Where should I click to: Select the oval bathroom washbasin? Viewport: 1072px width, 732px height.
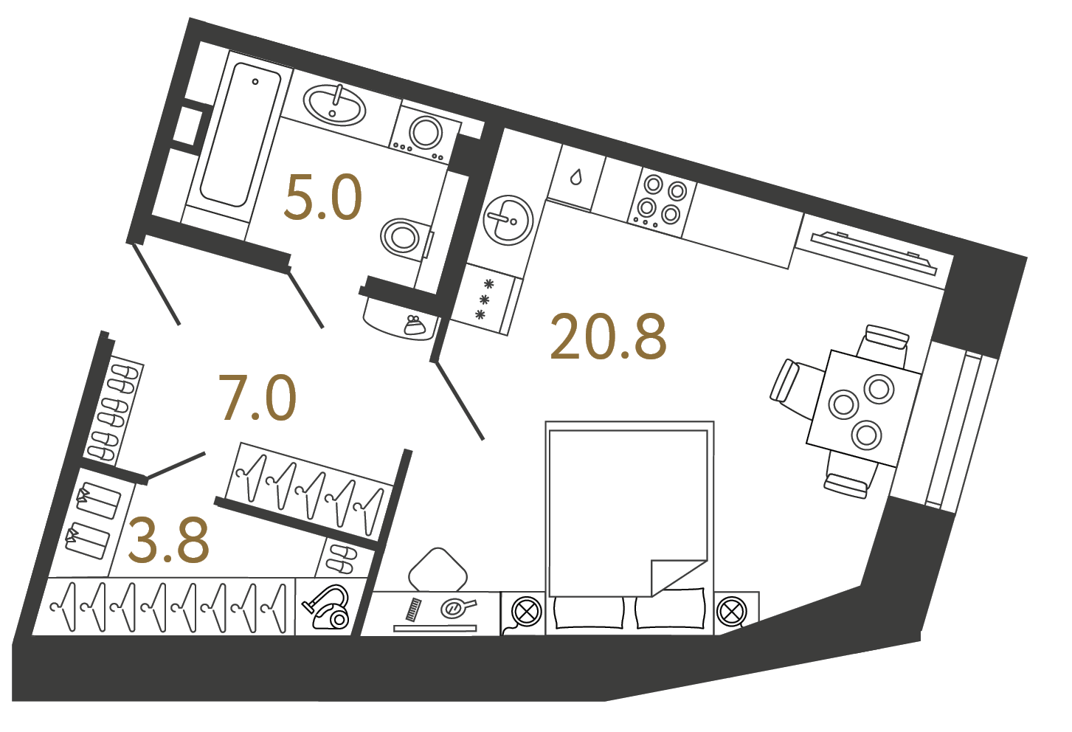click(334, 104)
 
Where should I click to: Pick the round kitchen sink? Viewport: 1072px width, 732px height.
click(508, 220)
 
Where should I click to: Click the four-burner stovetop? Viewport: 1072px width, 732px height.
click(661, 201)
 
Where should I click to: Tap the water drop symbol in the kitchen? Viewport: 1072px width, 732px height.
click(576, 177)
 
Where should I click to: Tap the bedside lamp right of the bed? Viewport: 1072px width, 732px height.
click(731, 612)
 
